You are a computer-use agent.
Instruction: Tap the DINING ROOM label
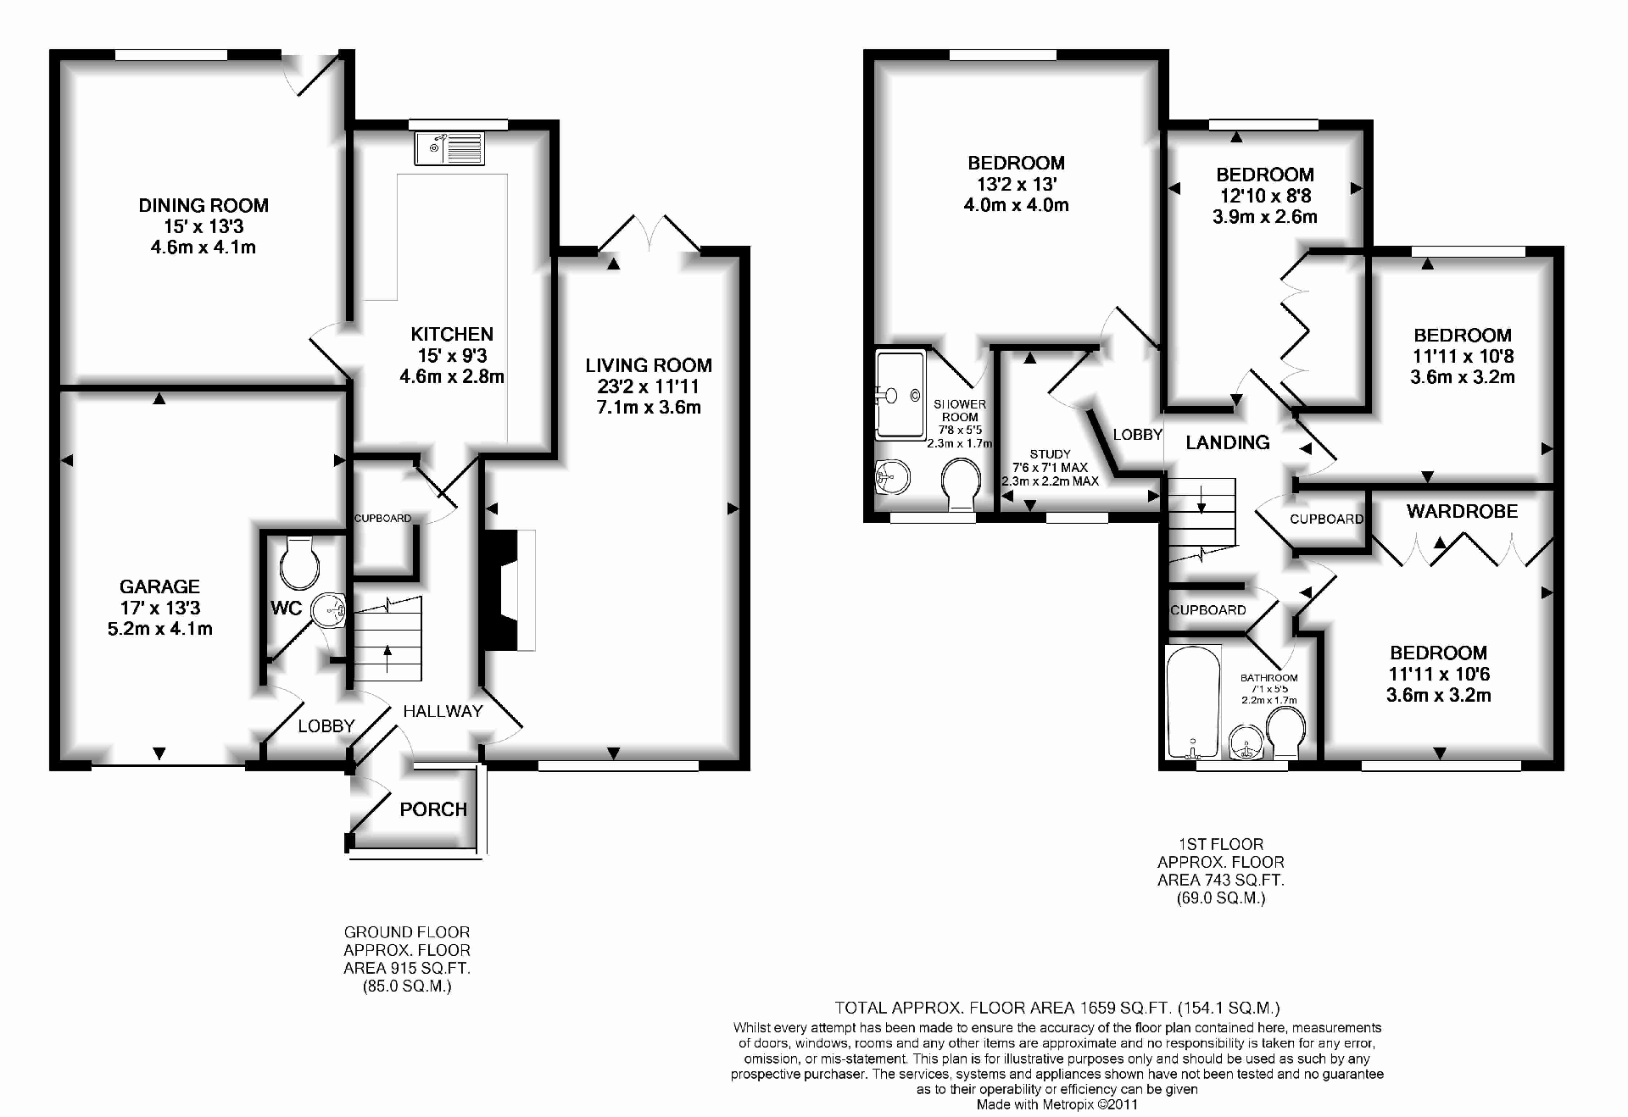click(203, 205)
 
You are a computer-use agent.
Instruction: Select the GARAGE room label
click(159, 586)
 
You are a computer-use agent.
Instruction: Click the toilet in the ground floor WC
click(298, 563)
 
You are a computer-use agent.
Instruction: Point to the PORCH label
click(433, 809)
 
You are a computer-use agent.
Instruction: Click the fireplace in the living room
click(508, 591)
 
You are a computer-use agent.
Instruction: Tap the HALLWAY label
click(443, 711)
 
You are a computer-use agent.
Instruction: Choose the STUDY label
click(1050, 454)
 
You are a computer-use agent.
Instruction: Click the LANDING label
click(1227, 442)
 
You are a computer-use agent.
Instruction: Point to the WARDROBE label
click(1462, 511)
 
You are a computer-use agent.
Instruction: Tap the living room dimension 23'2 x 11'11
click(648, 386)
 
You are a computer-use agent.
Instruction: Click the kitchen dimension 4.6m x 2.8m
click(452, 376)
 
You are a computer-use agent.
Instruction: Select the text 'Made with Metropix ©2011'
click(1057, 1104)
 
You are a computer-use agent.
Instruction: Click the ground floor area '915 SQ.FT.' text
click(407, 969)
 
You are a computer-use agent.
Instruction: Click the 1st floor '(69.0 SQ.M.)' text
click(1221, 898)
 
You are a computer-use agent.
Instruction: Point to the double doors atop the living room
click(650, 234)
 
